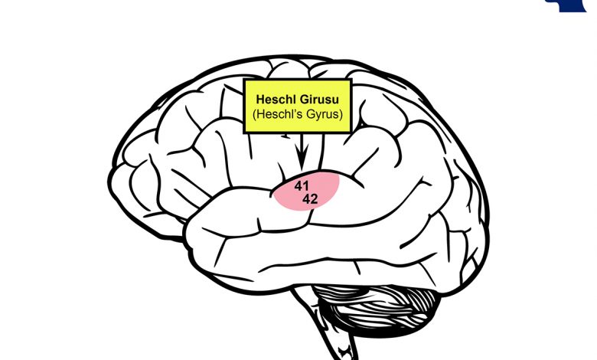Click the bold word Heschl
point(276,100)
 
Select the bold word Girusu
point(320,100)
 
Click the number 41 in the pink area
point(302,186)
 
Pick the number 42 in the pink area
point(310,199)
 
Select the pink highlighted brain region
point(306,190)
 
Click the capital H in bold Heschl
point(260,100)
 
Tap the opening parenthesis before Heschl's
point(254,115)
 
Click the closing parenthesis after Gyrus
point(341,115)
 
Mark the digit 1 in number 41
point(306,186)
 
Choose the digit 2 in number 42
point(314,199)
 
